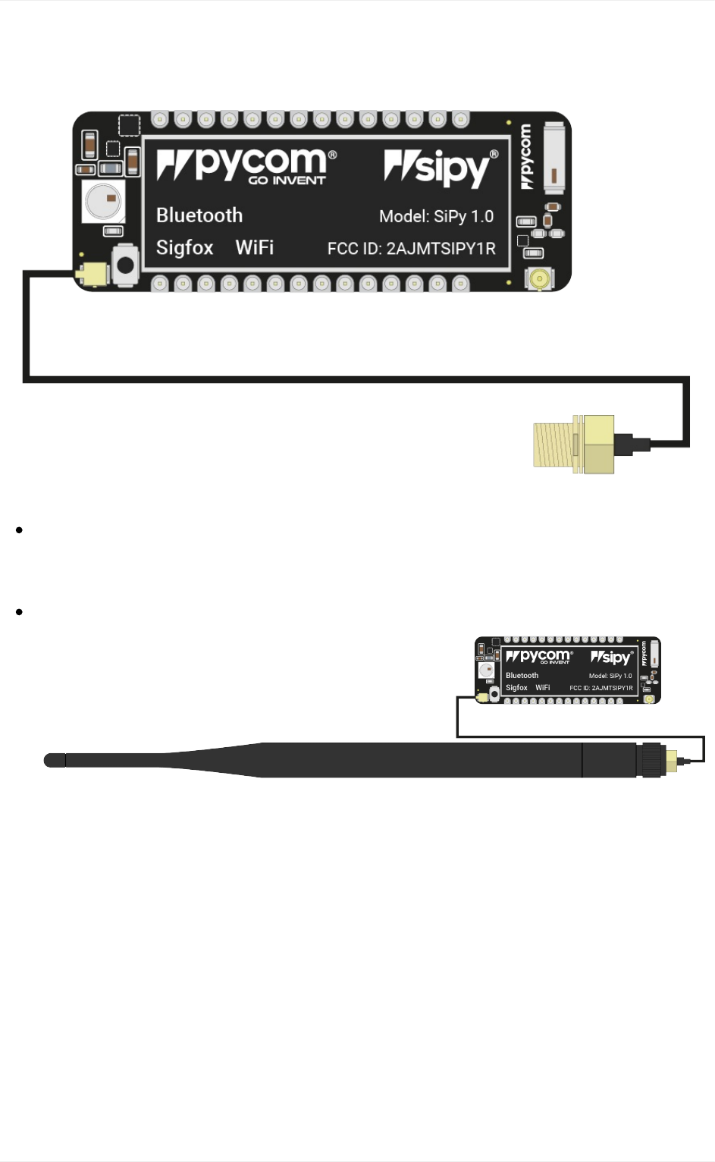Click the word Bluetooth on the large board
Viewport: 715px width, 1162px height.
pos(199,215)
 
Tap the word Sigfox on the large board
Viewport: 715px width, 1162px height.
pos(184,248)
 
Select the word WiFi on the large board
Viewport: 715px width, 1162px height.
pos(255,248)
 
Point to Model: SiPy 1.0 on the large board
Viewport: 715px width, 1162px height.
pos(436,216)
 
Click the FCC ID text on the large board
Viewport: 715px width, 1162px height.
pos(411,249)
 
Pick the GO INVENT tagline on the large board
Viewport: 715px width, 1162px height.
pos(287,181)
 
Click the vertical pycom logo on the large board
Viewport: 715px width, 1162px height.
pos(526,157)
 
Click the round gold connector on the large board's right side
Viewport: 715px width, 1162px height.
pos(540,278)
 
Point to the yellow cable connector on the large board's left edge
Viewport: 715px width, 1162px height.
pos(95,274)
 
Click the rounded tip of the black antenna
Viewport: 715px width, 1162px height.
pos(54,760)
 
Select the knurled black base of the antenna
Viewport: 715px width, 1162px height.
pos(650,760)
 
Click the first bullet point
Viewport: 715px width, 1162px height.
pos(19,530)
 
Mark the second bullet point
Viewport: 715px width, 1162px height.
pos(19,611)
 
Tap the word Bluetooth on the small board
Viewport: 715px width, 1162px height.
pos(522,675)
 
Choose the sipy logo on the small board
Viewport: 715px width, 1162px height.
pos(611,658)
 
